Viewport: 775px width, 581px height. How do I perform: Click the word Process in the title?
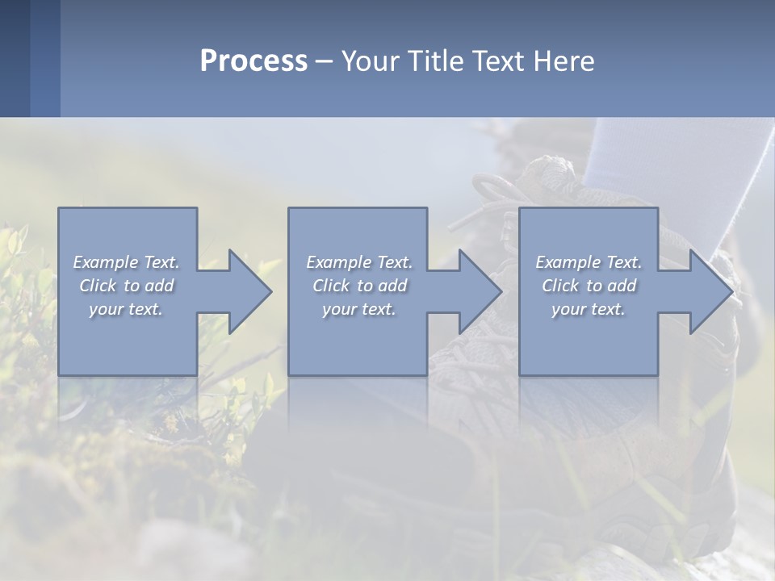tap(253, 61)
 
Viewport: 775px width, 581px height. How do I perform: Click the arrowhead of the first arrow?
tap(250, 291)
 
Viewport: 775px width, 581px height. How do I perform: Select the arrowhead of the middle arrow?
tap(480, 291)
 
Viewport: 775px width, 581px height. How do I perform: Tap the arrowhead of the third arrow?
tap(711, 291)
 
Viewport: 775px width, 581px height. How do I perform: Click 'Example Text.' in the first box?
tap(126, 262)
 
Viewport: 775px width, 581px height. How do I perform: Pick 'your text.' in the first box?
tap(126, 309)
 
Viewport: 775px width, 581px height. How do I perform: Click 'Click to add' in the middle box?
tap(359, 286)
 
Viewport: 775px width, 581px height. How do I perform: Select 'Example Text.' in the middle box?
tap(359, 262)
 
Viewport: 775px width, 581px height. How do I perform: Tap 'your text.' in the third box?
tap(589, 309)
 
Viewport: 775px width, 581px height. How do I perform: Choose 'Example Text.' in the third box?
tap(589, 262)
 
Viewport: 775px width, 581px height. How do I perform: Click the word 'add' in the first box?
tap(160, 286)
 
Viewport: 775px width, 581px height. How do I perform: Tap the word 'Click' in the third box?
tap(560, 286)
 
